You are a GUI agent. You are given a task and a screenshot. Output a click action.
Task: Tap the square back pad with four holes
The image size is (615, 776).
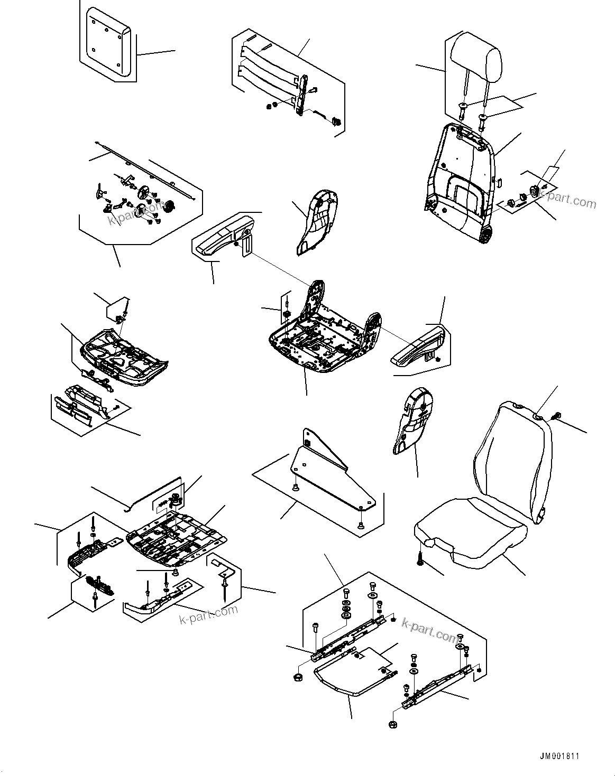(106, 44)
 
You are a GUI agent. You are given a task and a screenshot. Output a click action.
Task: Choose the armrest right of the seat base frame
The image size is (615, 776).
(421, 347)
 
